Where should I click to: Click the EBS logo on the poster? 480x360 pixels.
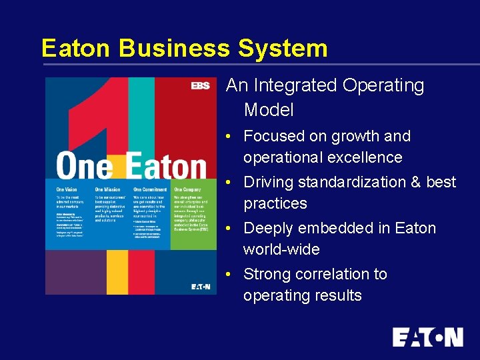[200, 85]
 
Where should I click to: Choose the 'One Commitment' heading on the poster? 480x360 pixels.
[150, 190]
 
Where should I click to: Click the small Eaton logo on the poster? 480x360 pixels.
[200, 287]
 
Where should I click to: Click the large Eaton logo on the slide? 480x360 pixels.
[427, 337]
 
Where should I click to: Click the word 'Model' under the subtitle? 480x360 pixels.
[269, 109]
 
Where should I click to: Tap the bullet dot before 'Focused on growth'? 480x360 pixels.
[228, 137]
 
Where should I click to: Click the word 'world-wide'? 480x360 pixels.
[281, 249]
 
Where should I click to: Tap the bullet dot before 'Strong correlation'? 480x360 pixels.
[228, 275]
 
